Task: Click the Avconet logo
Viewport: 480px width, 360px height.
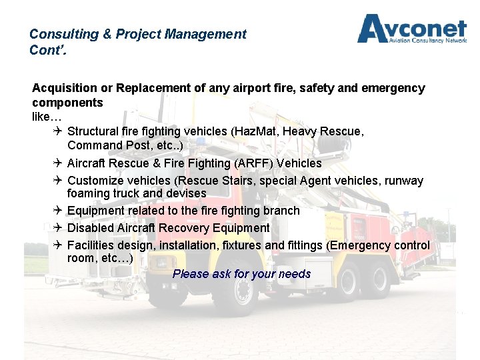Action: pos(411,29)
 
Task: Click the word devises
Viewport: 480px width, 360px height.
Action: pos(185,193)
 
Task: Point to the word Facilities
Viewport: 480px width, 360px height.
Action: pos(93,245)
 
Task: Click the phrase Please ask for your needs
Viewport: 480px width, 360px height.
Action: pos(241,274)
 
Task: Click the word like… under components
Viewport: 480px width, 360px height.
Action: pos(46,117)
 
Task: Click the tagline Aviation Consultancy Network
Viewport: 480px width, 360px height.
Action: pos(427,40)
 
